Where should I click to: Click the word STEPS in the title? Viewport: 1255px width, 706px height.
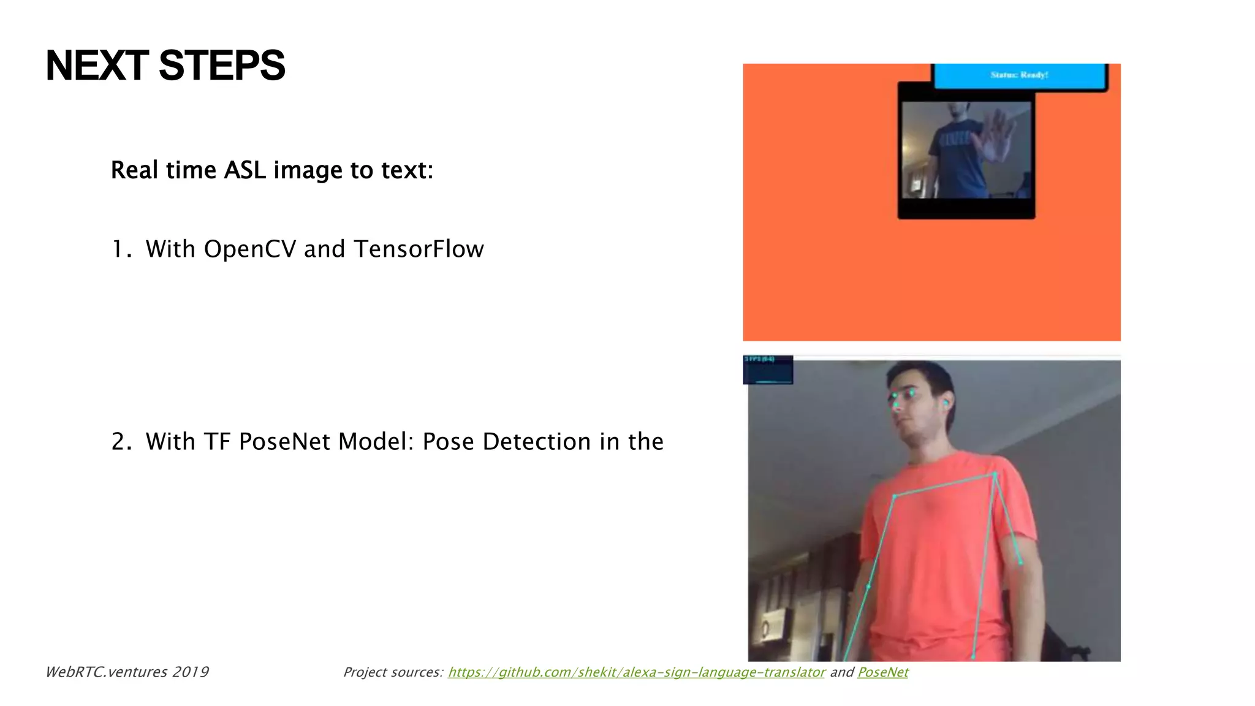pos(222,66)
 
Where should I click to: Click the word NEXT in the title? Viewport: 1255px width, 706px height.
pos(97,66)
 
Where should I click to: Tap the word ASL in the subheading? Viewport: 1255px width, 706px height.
pos(245,170)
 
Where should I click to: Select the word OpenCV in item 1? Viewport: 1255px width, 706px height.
pos(250,249)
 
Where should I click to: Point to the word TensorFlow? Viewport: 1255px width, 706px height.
pos(419,249)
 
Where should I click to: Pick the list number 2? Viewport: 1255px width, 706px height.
pos(119,442)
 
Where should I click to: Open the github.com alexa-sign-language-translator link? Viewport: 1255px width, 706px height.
pos(636,672)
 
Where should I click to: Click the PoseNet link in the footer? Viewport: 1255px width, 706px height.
pos(882,672)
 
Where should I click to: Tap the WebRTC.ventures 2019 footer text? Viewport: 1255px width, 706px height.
pos(127,672)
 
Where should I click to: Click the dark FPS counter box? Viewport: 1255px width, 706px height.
pos(768,370)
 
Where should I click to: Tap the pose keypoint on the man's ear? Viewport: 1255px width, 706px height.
pos(946,403)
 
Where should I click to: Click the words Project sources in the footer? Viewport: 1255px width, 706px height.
pos(392,672)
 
